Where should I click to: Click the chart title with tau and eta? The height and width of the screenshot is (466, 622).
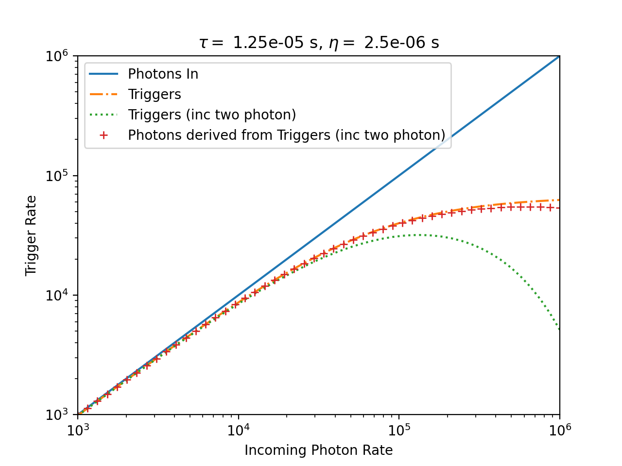(x=319, y=43)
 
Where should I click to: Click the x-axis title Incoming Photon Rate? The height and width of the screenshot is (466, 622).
(x=318, y=450)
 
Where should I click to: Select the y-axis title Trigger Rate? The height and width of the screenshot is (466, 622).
(x=31, y=235)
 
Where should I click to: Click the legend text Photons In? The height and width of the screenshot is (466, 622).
(x=163, y=74)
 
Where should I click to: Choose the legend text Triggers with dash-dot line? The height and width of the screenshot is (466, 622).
(x=154, y=94)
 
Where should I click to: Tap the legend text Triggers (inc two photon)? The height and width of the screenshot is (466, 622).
(x=212, y=115)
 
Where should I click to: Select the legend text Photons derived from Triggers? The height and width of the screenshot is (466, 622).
(x=286, y=135)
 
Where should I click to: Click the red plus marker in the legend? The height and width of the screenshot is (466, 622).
(x=104, y=135)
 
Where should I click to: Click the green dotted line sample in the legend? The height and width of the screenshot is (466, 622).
(x=104, y=115)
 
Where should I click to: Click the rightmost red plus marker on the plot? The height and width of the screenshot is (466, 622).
(x=550, y=208)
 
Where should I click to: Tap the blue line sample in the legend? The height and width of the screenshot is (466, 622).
(x=104, y=74)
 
